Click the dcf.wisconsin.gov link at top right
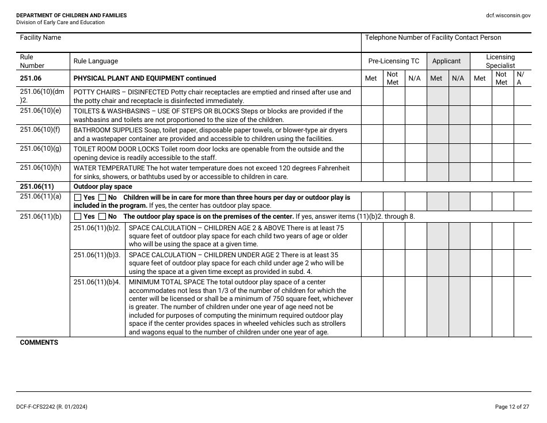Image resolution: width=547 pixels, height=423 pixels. pyautogui.click(x=508, y=16)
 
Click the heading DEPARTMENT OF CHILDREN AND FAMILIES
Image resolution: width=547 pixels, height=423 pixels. pyautogui.click(x=71, y=16)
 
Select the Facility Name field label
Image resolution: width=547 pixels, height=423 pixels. pyautogui.click(x=40, y=37)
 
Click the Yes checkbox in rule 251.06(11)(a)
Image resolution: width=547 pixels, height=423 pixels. pyautogui.click(x=78, y=197)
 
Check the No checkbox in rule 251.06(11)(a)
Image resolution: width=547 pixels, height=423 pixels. pyautogui.click(x=102, y=197)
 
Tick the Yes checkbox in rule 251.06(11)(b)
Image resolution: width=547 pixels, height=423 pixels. pyautogui.click(x=78, y=217)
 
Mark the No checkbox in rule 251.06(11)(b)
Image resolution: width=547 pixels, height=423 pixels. pyautogui.click(x=102, y=217)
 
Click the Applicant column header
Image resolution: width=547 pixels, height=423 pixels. pyautogui.click(x=446, y=61)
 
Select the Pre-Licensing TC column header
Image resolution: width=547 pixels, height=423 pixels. pyautogui.click(x=394, y=61)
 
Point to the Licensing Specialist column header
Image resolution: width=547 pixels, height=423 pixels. pyautogui.click(x=500, y=61)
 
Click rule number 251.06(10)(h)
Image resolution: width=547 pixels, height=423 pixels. pyautogui.click(x=40, y=167)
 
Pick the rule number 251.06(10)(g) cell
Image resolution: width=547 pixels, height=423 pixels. pyautogui.click(x=40, y=148)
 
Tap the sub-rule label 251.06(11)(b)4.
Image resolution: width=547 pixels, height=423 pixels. pyautogui.click(x=97, y=283)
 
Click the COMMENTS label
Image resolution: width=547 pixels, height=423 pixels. pyautogui.click(x=39, y=342)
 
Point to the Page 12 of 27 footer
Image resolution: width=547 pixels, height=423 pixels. pyautogui.click(x=512, y=407)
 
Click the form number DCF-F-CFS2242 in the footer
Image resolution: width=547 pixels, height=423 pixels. pyautogui.click(x=39, y=407)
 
